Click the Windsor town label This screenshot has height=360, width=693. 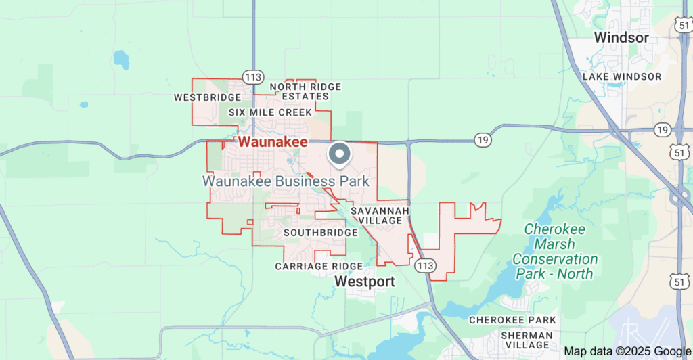coord(621,37)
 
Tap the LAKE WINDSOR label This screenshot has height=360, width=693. coord(622,76)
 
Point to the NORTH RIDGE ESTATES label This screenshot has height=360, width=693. coord(305,91)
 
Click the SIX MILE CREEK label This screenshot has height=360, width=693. coord(270,112)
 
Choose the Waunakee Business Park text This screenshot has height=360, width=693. coord(286,181)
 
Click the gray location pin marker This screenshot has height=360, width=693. coord(339,154)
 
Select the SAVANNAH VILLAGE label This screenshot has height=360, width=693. coord(380,216)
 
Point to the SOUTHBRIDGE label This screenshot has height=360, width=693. coord(320,233)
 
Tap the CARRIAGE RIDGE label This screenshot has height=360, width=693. coord(319,267)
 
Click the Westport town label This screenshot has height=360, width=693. coord(365,281)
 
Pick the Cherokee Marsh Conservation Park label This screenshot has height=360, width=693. coord(555,251)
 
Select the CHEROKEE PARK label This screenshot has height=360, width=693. coord(512,319)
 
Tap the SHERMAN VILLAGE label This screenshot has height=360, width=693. coord(527,340)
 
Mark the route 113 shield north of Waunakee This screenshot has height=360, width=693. coord(253,77)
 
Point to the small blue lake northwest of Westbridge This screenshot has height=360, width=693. coord(121,60)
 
